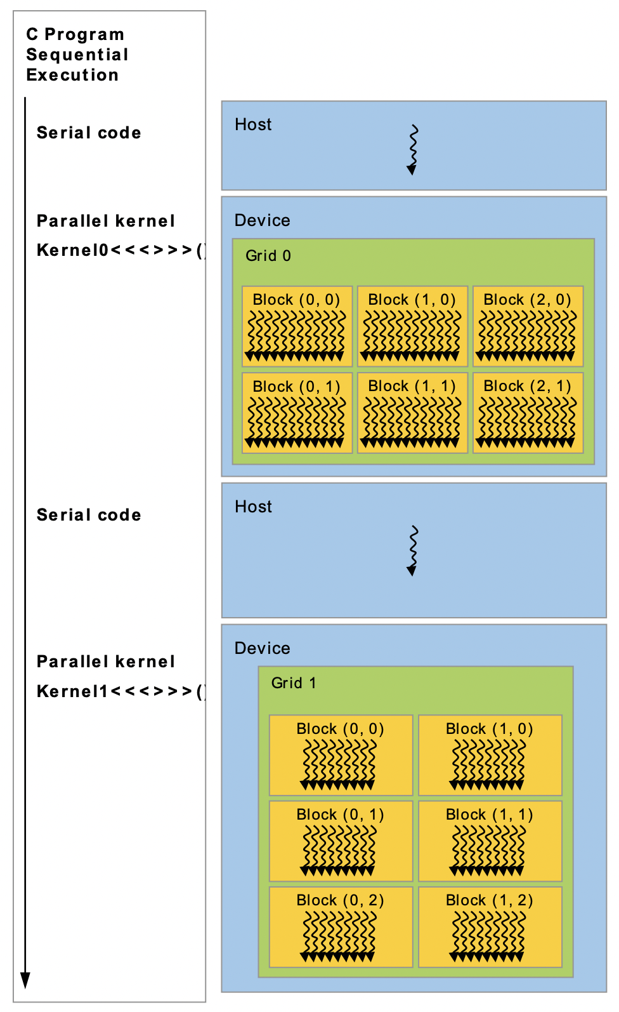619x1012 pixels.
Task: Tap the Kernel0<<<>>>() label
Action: [x=121, y=250]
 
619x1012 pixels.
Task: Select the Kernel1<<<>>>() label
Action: [x=121, y=691]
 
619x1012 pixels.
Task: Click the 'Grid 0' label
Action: [x=268, y=256]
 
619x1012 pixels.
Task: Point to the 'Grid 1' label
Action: [x=294, y=683]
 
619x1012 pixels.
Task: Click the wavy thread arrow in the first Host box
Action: [x=413, y=149]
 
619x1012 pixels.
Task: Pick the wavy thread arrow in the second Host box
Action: [x=413, y=550]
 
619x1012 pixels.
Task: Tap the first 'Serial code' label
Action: [x=89, y=133]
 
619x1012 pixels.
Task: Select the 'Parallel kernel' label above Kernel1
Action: [x=105, y=662]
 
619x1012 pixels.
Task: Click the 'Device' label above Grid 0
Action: [x=262, y=220]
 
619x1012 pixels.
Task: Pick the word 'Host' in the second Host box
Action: [x=253, y=507]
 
